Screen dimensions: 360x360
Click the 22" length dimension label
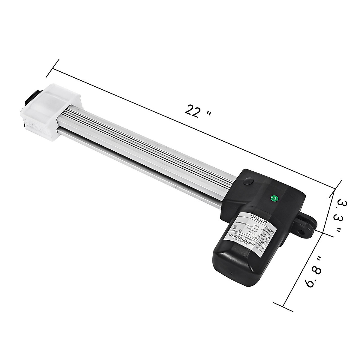coord(198,111)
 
